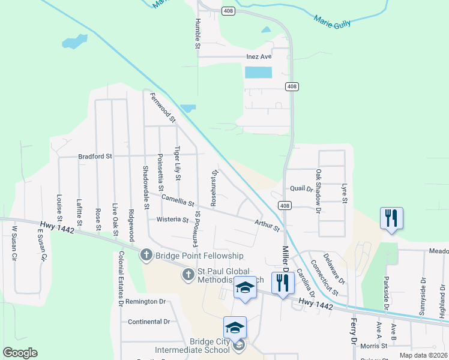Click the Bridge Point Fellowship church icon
tap(146, 256)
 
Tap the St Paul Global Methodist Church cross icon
tap(188, 275)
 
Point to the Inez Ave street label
tap(259, 56)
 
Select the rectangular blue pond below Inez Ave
tap(258, 73)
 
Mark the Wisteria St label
tap(173, 220)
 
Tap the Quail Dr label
tap(302, 188)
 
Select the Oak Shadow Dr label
tap(318, 190)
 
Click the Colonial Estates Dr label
tap(121, 278)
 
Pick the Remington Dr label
tap(145, 301)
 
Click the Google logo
tap(20, 353)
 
